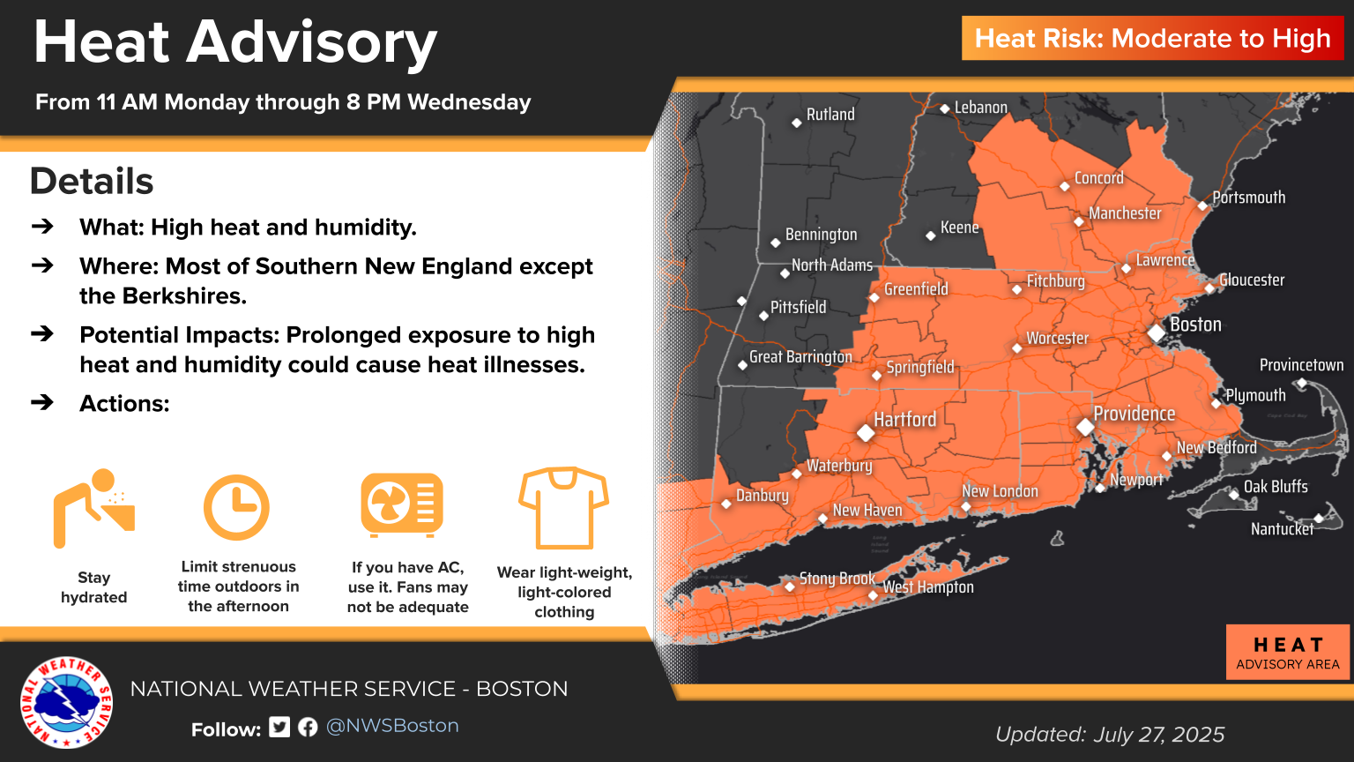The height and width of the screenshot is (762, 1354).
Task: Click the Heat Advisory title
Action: (x=235, y=42)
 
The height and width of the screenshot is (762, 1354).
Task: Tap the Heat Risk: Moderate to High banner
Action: (x=1152, y=39)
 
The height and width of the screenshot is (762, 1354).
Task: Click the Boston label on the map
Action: (x=1195, y=325)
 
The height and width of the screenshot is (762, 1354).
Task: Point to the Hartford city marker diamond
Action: (x=866, y=433)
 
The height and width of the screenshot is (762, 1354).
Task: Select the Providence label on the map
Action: (x=1134, y=414)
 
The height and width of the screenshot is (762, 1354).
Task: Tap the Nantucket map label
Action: (x=1282, y=529)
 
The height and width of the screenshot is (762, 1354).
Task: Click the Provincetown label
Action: (x=1301, y=365)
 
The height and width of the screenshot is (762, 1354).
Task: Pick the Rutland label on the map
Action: (x=830, y=115)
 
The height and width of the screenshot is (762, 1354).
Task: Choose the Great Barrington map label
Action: (x=800, y=357)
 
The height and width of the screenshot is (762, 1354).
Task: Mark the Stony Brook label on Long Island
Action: (x=837, y=579)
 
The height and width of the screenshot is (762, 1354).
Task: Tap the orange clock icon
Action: (x=236, y=508)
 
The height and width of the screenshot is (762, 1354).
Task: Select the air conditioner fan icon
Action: (x=402, y=505)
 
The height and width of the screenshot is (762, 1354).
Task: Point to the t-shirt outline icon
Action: (x=564, y=508)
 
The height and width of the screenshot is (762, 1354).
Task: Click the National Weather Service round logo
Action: (x=67, y=702)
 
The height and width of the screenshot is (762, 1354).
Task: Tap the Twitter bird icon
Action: (x=279, y=727)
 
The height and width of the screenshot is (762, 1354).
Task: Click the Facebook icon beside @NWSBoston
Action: (x=308, y=727)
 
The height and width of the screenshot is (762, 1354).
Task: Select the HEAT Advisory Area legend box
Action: (x=1287, y=653)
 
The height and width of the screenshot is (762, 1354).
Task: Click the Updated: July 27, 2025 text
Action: (x=1110, y=735)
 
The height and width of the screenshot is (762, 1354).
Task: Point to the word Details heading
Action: (x=92, y=182)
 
